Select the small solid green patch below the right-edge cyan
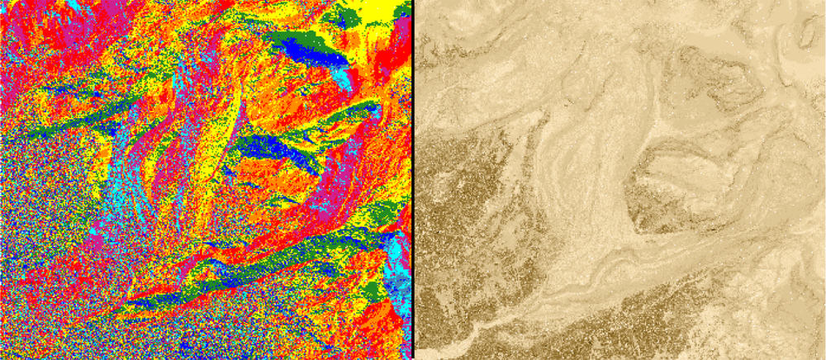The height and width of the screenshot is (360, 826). tap(376, 290)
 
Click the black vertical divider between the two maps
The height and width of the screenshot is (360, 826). tap(411, 180)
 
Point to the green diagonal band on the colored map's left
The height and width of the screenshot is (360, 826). tap(74, 124)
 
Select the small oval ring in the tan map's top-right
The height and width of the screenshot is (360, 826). tap(805, 33)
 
